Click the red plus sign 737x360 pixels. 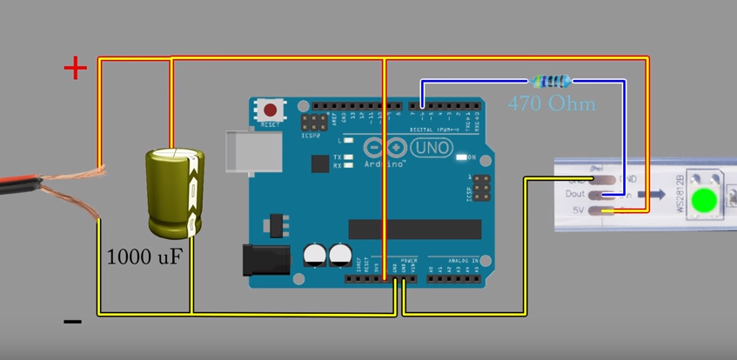pos(77,68)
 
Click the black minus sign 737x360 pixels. pos(73,323)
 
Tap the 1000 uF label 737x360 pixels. pos(144,257)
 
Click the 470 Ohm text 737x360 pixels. pos(552,103)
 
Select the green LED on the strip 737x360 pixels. pos(704,200)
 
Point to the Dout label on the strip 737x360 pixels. pos(576,195)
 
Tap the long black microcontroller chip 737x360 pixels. pos(414,229)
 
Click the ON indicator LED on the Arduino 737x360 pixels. pos(459,157)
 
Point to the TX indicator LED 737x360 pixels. pos(348,157)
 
